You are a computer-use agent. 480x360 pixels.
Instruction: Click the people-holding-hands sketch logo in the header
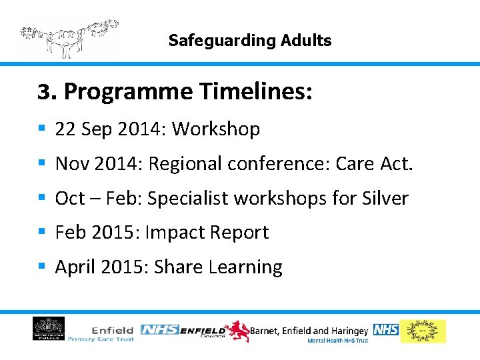[x=69, y=37]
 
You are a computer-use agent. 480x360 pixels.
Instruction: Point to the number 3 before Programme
[x=44, y=93]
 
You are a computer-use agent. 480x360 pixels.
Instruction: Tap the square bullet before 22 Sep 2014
[x=41, y=129]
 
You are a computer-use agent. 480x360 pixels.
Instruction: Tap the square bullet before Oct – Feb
[x=41, y=198]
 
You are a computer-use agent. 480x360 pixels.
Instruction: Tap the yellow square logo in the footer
[x=423, y=331]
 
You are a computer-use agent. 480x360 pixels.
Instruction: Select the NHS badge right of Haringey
[x=385, y=329]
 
